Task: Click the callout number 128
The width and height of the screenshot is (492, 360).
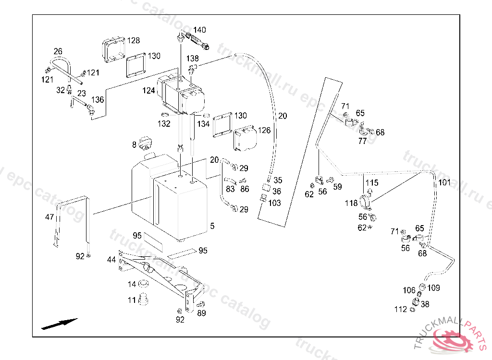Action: coord(134,40)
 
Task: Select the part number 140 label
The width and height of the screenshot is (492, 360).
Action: coord(199,30)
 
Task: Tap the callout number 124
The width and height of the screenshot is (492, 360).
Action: coord(148,90)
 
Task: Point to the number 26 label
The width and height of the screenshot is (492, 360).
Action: coord(58,51)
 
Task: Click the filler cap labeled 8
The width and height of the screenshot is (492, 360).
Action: coord(144,143)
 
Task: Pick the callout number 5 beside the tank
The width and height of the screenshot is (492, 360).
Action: coord(212,226)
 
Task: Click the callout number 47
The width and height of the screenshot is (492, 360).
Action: coord(49,217)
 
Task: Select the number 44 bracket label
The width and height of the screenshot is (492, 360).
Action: coord(111,260)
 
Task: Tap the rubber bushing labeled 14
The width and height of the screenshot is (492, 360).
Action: coord(143,285)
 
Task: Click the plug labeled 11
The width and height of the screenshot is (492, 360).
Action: coord(143,301)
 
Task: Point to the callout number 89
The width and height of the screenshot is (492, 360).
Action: coord(201,313)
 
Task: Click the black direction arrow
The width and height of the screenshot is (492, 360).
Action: coord(60,324)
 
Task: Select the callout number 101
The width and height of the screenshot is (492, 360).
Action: coord(444,182)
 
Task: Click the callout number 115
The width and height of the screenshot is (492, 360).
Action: coord(372,183)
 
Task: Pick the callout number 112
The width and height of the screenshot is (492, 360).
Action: coord(400,310)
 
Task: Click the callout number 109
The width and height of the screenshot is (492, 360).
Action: coord(433,288)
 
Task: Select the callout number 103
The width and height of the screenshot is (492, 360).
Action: coord(274,203)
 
